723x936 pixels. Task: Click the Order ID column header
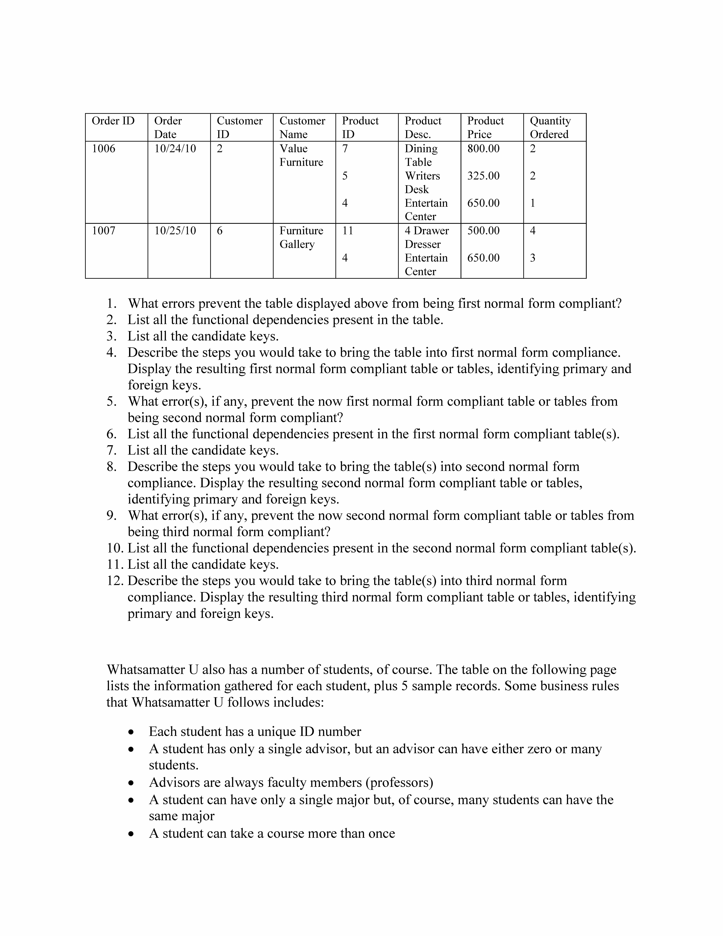click(113, 121)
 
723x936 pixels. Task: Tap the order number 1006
click(104, 149)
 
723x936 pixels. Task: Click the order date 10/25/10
click(175, 231)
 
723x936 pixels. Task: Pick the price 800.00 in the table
click(483, 149)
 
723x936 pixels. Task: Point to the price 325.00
click(483, 176)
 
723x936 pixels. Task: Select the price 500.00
click(483, 231)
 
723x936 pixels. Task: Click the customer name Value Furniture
click(301, 155)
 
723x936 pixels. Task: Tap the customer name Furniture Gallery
click(301, 237)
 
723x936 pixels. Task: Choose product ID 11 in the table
click(348, 231)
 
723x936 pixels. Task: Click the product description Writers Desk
click(422, 183)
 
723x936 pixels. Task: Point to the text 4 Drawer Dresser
click(427, 237)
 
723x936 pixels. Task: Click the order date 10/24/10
click(175, 149)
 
